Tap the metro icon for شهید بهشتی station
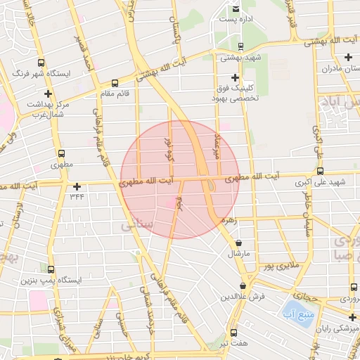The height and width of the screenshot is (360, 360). [242, 46]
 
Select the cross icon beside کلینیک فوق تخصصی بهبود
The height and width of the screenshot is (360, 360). [235, 77]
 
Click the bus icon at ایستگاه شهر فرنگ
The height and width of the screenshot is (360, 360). [41, 62]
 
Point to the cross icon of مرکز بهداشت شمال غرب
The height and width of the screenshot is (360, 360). [48, 93]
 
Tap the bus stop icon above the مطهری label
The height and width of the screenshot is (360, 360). [61, 153]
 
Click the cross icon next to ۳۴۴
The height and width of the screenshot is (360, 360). [77, 186]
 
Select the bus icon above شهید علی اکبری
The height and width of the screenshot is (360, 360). [321, 171]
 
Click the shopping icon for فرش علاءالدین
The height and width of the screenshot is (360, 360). [243, 286]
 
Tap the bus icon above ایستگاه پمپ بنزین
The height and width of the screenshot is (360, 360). [51, 269]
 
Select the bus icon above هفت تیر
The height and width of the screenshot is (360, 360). [233, 332]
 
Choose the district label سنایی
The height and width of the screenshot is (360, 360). [134, 227]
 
